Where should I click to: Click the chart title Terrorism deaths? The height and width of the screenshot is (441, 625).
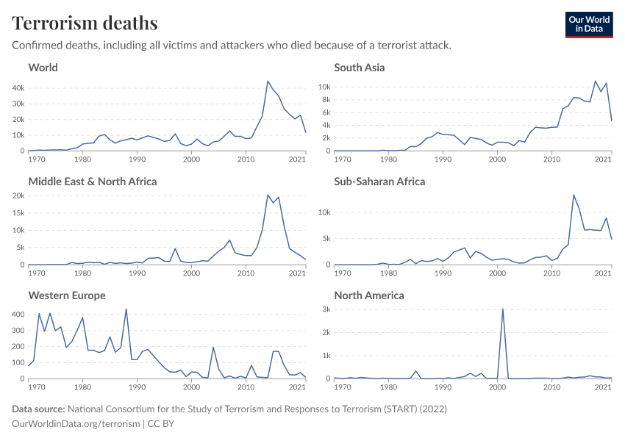pos(85,23)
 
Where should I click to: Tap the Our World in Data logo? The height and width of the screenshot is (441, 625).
pos(588,24)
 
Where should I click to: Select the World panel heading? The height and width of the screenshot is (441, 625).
pos(43,68)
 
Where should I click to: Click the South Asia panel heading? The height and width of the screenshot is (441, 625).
pos(359,68)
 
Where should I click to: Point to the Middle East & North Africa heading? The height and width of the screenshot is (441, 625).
pos(93,182)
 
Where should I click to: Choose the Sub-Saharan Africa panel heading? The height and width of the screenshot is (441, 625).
pos(379,182)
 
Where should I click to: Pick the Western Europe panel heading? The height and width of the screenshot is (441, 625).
pos(67,295)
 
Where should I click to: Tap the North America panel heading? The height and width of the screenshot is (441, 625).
pos(369,295)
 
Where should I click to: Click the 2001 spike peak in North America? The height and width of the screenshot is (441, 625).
pos(503,309)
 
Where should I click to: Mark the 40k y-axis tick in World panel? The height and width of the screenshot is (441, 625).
pos(18,87)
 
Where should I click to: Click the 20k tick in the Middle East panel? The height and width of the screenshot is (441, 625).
pos(18,196)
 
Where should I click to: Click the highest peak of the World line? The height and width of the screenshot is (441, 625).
pos(268,81)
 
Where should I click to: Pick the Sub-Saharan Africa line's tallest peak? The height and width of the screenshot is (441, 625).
pos(574,195)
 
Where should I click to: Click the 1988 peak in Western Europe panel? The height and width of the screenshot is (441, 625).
pos(126,309)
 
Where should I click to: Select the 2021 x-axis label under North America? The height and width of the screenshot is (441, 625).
pos(604,387)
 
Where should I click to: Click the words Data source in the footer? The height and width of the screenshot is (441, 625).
pos(38,409)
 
